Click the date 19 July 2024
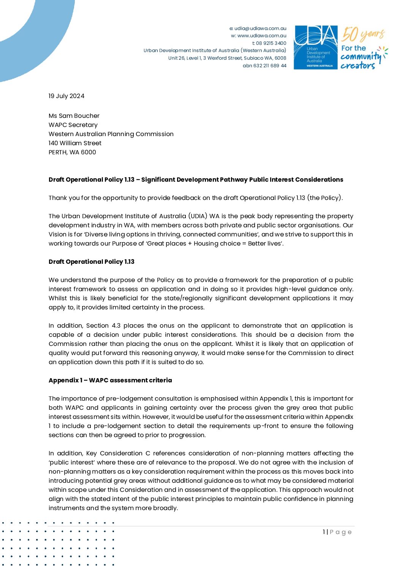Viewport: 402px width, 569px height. [x=66, y=96]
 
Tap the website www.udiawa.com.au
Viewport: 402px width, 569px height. [x=262, y=36]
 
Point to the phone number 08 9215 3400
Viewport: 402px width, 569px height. [x=271, y=43]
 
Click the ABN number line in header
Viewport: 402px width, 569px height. [x=264, y=66]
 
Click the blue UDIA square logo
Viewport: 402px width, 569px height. [x=316, y=47]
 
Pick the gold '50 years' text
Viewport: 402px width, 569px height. [x=362, y=35]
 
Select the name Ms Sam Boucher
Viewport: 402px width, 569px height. [x=74, y=116]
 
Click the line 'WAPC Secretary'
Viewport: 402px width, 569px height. [x=73, y=125]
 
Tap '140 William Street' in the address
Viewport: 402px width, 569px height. [x=75, y=143]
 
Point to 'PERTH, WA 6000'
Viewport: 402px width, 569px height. [x=72, y=152]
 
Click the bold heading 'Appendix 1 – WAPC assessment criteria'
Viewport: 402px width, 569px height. [x=110, y=380]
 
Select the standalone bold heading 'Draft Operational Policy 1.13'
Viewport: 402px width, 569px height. [x=92, y=262]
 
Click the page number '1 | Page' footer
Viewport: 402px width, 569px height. [x=337, y=532]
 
